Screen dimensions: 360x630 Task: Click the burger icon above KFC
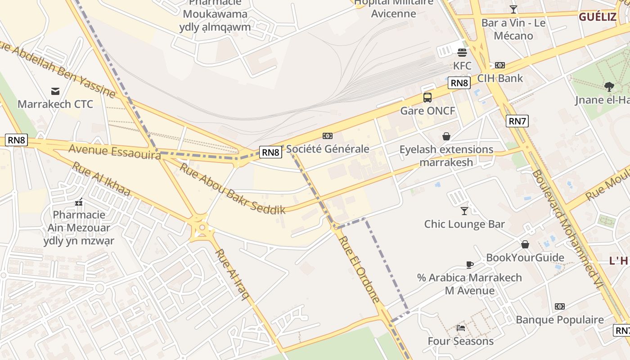tap(462, 52)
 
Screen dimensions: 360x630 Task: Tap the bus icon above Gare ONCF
tap(427, 97)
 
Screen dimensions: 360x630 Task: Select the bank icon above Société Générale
tap(328, 135)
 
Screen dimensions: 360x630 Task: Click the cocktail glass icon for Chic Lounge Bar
tap(464, 211)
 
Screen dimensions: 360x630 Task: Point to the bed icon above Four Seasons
tap(460, 328)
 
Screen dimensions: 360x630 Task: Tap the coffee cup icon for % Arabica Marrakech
tap(470, 265)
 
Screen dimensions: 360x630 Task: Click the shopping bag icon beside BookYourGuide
tap(525, 244)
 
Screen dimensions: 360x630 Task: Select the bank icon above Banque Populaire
tap(559, 306)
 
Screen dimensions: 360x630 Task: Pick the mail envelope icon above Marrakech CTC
tap(55, 91)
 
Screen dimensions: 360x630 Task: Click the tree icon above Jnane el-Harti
tap(609, 86)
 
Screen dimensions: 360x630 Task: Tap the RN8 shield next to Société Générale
tap(271, 152)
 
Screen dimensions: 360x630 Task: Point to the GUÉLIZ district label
tap(597, 17)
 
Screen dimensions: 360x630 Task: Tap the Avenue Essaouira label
tap(115, 151)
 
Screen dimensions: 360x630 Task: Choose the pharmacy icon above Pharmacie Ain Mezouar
tap(79, 202)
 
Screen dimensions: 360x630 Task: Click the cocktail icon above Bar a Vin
tap(513, 9)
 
